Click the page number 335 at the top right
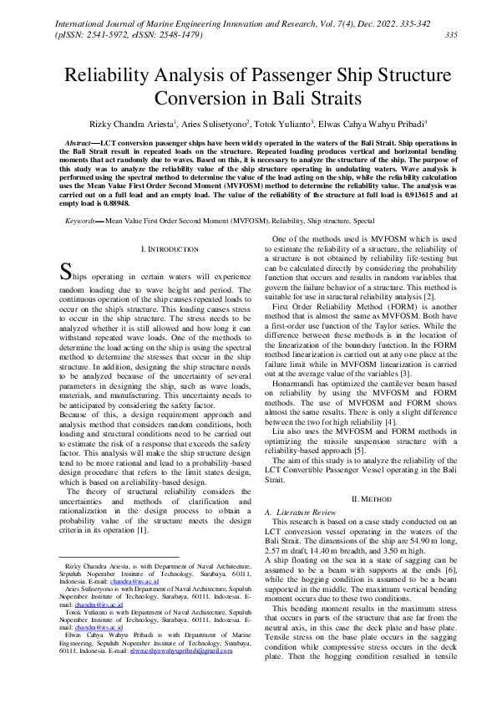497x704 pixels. coord(451,35)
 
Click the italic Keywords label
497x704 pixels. coord(83,221)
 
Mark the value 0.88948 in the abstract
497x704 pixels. coord(112,202)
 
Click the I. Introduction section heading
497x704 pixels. coord(169,249)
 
